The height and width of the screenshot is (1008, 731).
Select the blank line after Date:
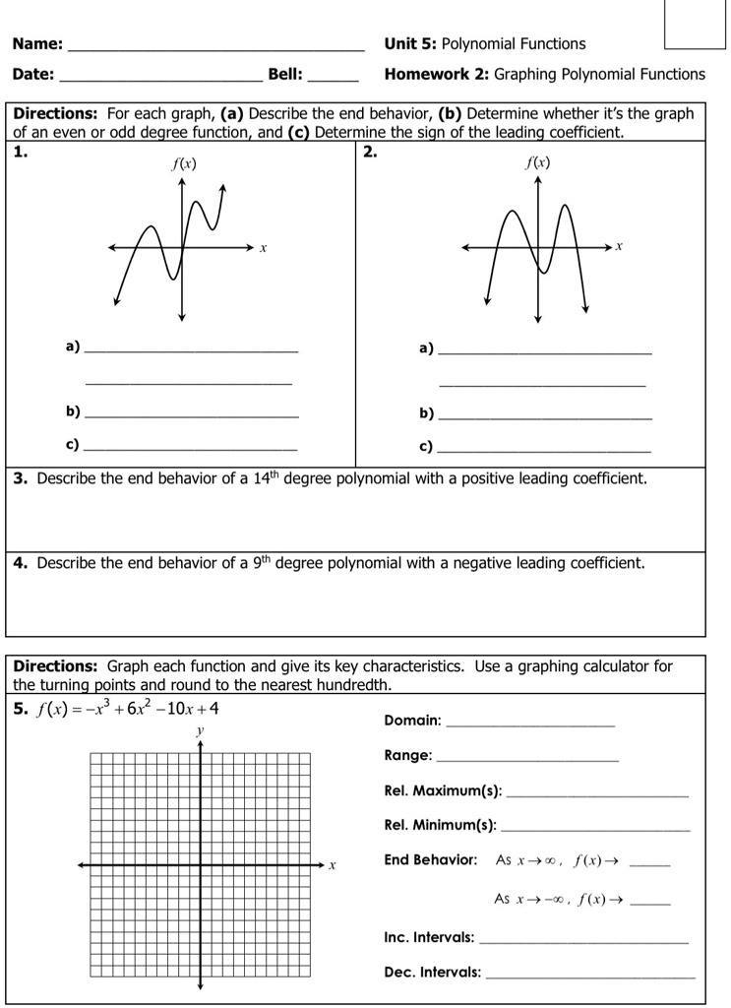[161, 78]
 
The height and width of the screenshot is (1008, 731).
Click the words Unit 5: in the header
[410, 44]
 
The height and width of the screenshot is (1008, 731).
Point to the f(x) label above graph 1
[183, 164]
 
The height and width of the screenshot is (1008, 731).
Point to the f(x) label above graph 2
[537, 162]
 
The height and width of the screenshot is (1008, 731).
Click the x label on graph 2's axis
[619, 246]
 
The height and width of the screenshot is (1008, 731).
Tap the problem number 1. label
[20, 152]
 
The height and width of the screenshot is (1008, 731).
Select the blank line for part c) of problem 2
[544, 450]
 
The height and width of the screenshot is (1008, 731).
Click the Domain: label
[412, 721]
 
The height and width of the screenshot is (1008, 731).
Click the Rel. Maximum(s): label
[443, 791]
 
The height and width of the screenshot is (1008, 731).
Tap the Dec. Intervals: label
[432, 973]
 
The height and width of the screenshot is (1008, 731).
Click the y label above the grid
[200, 731]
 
